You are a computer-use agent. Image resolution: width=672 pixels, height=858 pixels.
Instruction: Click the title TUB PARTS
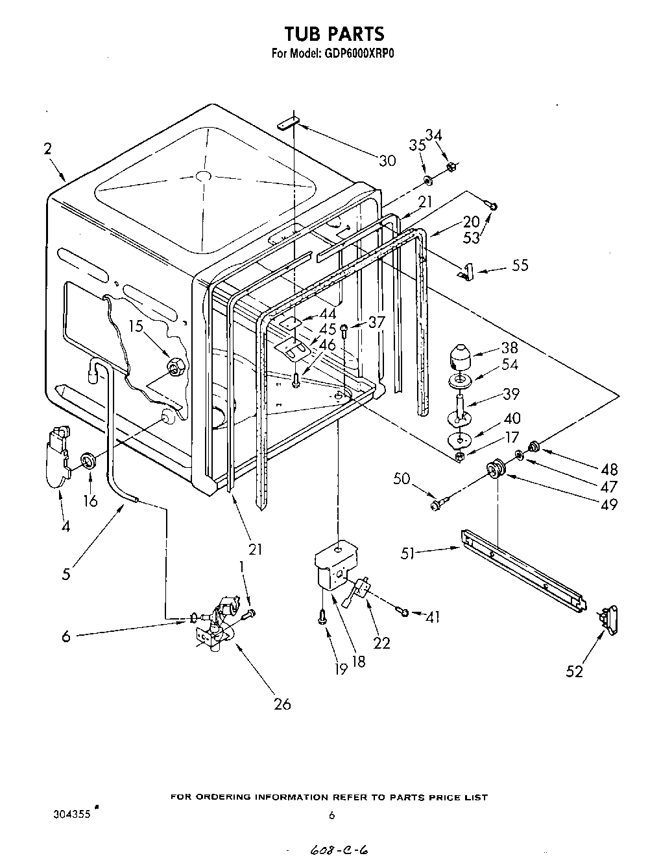coord(335,33)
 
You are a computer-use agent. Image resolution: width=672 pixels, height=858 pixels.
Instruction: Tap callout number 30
coord(387,161)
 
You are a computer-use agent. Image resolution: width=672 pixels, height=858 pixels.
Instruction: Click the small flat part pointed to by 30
coord(288,123)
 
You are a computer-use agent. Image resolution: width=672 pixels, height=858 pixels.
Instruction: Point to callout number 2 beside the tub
coord(48,149)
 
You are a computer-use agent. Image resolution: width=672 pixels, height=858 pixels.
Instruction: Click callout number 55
coord(520,265)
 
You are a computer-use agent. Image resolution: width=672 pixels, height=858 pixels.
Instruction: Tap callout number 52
coord(574,671)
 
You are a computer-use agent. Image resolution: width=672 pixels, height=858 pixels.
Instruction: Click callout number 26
coord(282,703)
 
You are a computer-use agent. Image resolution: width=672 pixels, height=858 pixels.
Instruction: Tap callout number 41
coord(431,618)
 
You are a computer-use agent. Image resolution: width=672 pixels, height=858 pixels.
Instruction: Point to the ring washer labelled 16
coord(88,462)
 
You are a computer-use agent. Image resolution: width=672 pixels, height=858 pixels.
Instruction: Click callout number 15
coord(135,327)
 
